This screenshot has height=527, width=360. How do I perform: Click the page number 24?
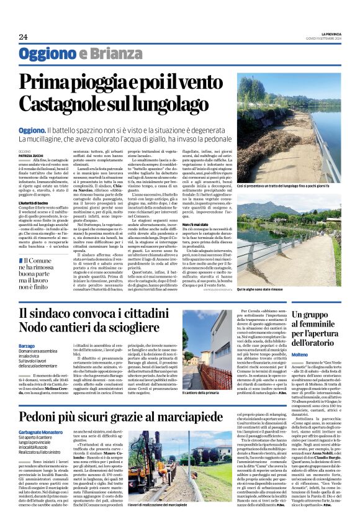(x=23, y=37)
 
